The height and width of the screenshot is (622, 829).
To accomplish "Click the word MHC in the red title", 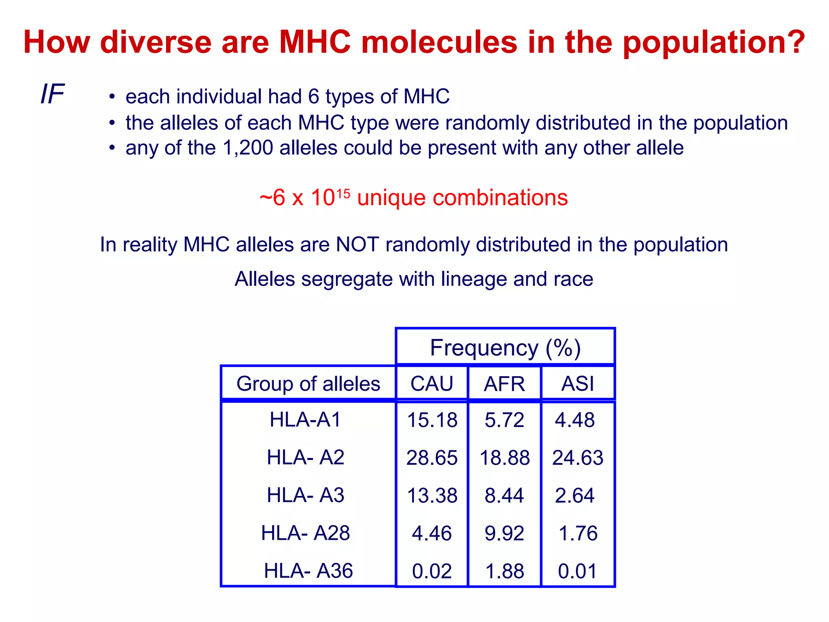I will pyautogui.click(x=315, y=42).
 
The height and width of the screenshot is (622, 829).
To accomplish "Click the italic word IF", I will pyautogui.click(x=53, y=94).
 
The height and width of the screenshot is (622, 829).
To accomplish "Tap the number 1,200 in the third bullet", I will pyautogui.click(x=248, y=148).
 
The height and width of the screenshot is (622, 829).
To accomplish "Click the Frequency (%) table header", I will pyautogui.click(x=505, y=347).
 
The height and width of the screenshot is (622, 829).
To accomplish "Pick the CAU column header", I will pyautogui.click(x=432, y=383).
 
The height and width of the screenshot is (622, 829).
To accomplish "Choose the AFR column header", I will pyautogui.click(x=504, y=383).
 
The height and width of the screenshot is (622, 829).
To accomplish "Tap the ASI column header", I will pyautogui.click(x=578, y=383).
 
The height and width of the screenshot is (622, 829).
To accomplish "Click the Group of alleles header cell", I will pyautogui.click(x=308, y=383).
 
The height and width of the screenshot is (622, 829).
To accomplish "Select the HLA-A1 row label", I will pyautogui.click(x=306, y=420).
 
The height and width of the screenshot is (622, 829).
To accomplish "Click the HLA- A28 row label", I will pyautogui.click(x=306, y=533).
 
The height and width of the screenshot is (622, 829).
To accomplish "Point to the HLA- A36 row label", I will pyautogui.click(x=308, y=571).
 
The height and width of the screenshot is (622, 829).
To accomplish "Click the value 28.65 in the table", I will pyautogui.click(x=432, y=458).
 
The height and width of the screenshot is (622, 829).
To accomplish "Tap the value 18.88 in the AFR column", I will pyautogui.click(x=504, y=458).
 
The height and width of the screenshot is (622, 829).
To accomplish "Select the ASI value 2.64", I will pyautogui.click(x=574, y=495).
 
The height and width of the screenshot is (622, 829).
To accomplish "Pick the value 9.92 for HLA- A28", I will pyautogui.click(x=504, y=533).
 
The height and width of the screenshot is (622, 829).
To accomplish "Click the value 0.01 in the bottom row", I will pyautogui.click(x=577, y=571).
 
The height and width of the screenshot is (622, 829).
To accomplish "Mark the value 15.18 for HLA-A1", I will pyautogui.click(x=432, y=420).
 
